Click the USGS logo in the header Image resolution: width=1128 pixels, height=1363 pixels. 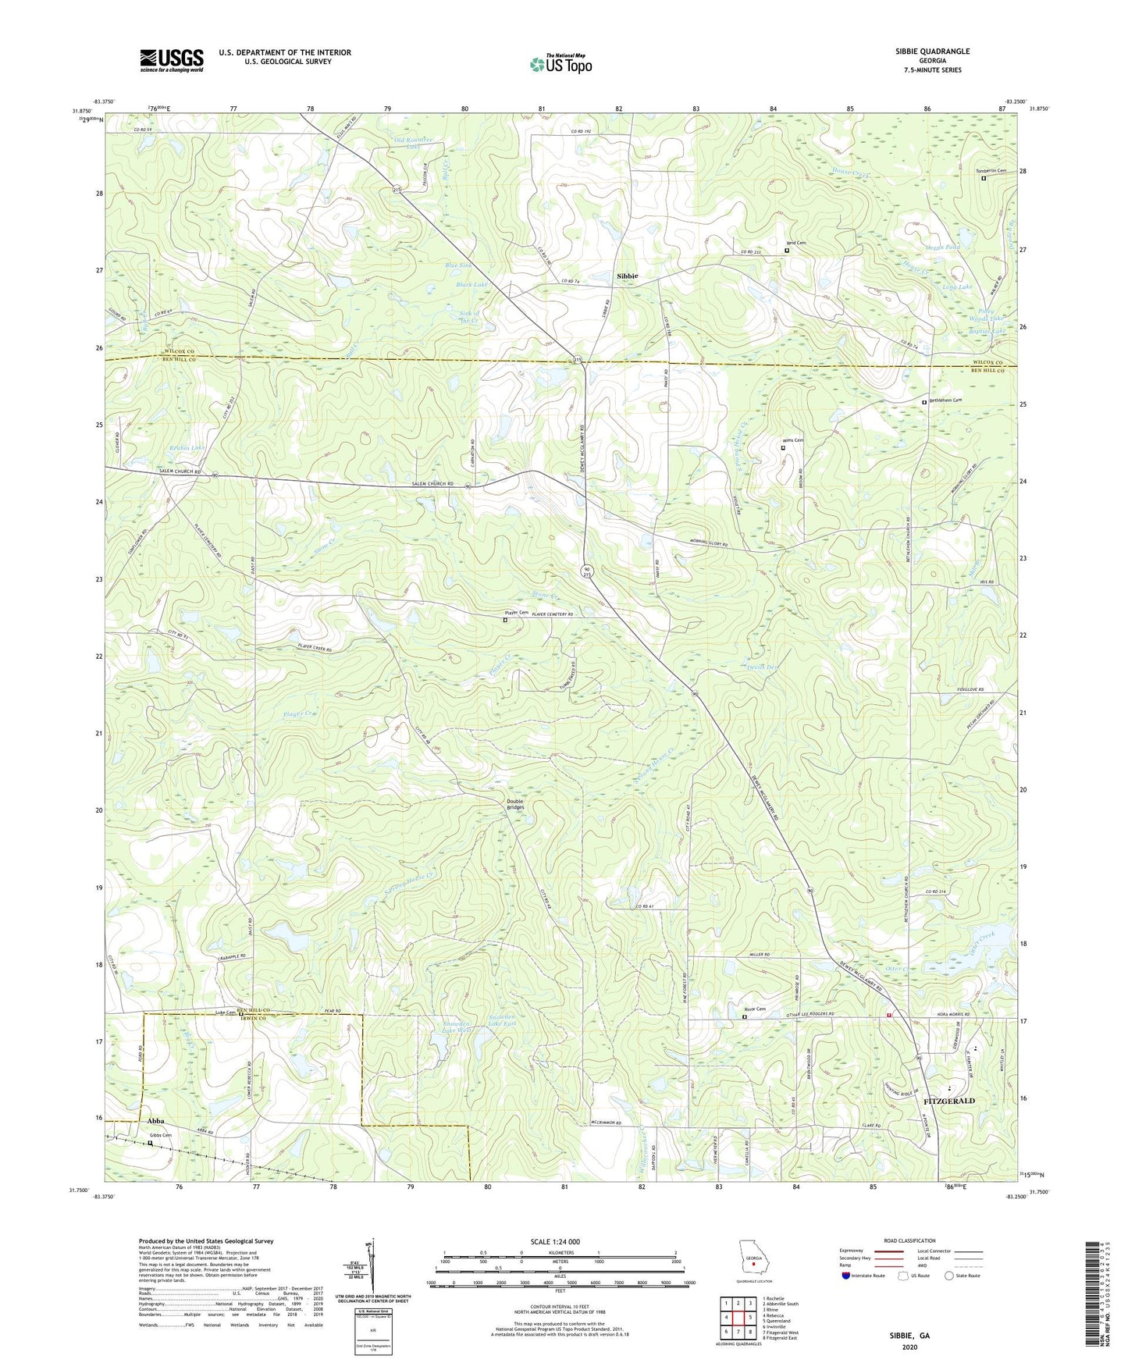[x=172, y=60]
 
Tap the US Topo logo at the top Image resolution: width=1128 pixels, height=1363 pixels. [x=560, y=64]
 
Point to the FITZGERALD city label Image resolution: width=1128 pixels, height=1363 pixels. [x=949, y=1101]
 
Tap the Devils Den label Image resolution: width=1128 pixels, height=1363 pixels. [x=763, y=667]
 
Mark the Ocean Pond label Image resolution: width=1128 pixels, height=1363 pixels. [x=942, y=247]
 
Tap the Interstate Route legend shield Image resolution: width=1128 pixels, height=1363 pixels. [x=847, y=1276]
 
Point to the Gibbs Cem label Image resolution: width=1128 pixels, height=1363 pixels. [x=161, y=1135]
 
